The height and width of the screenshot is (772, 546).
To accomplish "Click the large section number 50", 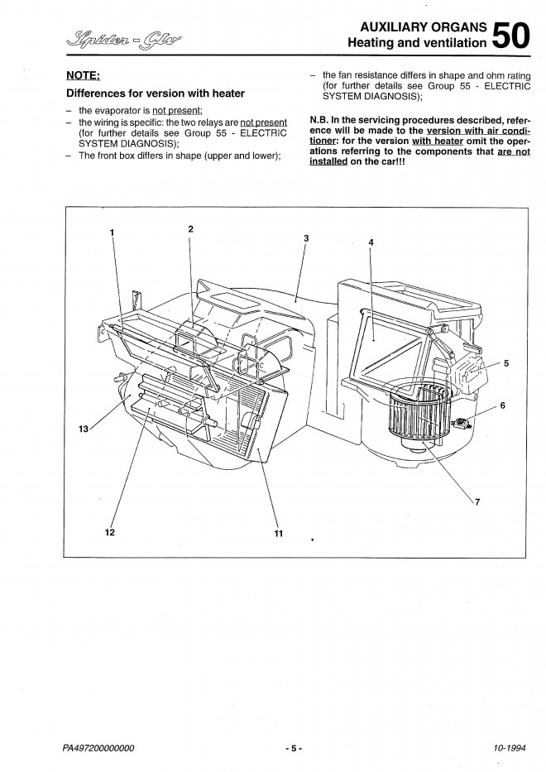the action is [x=511, y=35].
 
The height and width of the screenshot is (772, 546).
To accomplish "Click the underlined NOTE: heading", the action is [x=84, y=75].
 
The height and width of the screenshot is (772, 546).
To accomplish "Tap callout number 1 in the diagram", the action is [x=113, y=232].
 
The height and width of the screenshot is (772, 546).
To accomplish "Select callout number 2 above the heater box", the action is [x=190, y=228].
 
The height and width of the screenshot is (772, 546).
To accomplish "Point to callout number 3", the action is [x=306, y=238].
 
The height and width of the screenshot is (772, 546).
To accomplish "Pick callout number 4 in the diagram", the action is [x=371, y=242].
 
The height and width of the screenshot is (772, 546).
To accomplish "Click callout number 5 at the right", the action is [x=506, y=363].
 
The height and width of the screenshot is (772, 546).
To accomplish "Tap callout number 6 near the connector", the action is [x=502, y=405].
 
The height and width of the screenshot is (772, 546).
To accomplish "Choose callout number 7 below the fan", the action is [x=477, y=502].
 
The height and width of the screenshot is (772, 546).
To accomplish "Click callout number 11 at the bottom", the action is [x=279, y=533].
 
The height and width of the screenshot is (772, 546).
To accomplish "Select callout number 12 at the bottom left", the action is [x=110, y=532].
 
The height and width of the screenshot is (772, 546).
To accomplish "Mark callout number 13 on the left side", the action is [x=84, y=429].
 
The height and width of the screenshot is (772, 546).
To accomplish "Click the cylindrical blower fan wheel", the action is [x=419, y=413].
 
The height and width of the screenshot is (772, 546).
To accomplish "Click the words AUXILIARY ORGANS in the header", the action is [x=424, y=27].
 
